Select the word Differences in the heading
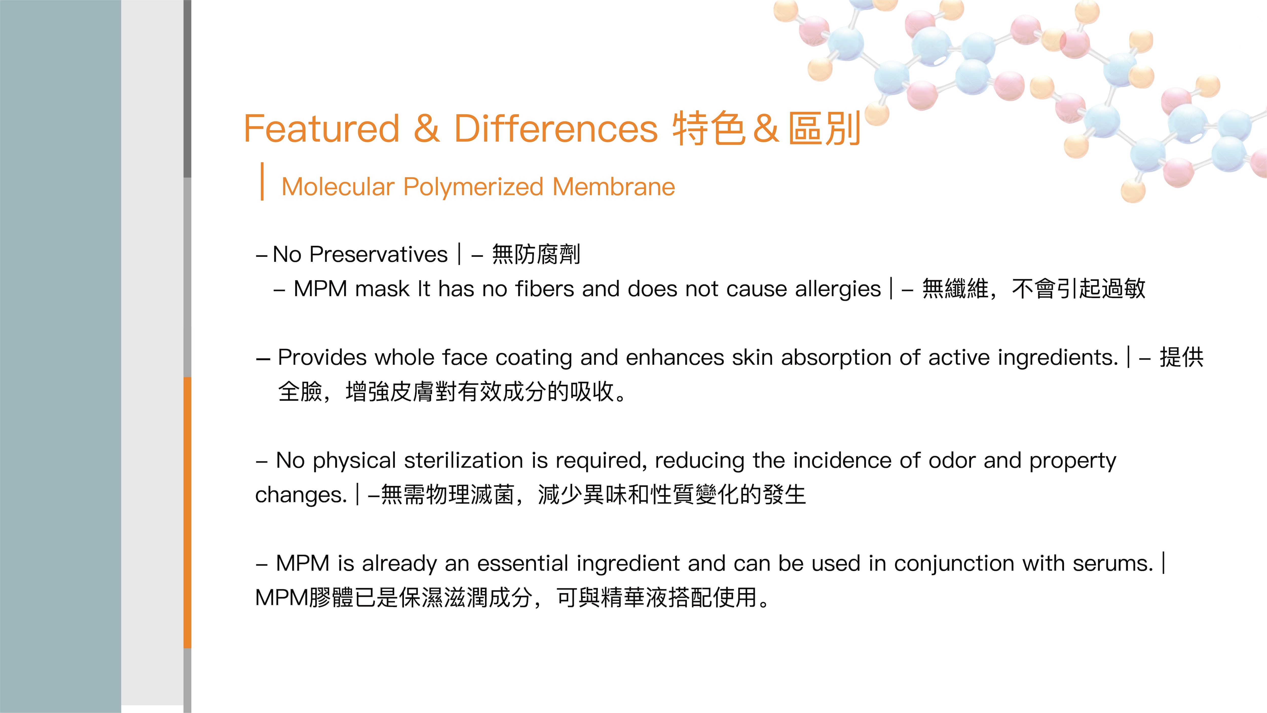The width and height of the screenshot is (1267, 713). (556, 129)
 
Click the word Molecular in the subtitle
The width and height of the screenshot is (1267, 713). (338, 187)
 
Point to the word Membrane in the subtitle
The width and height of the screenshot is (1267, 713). (614, 187)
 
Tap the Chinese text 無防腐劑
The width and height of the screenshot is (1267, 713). (536, 254)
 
